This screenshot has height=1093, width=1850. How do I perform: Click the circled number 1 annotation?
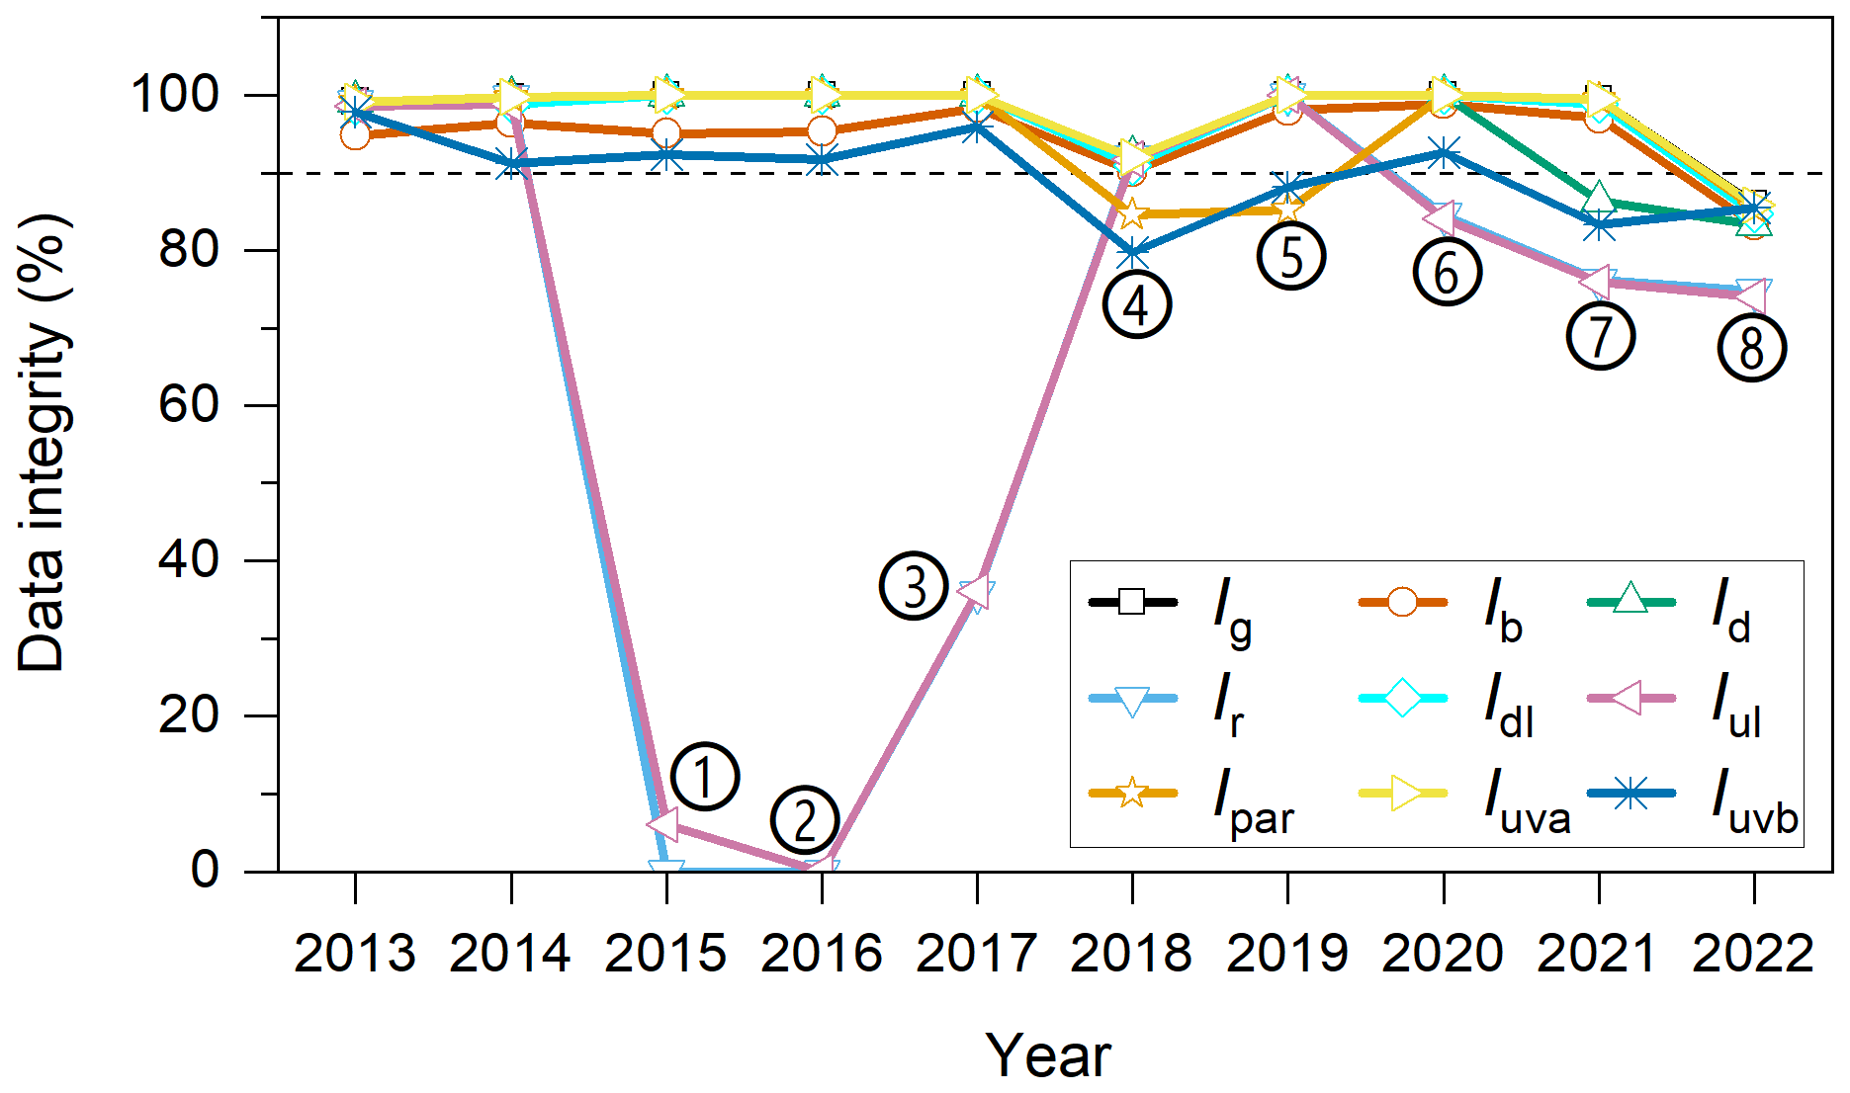click(x=704, y=777)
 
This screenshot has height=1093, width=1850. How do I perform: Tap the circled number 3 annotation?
click(x=914, y=587)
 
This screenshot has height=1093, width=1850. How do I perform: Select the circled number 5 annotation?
click(x=1291, y=256)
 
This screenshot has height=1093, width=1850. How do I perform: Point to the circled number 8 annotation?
click(x=1751, y=348)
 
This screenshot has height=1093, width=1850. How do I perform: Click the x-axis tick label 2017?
click(x=976, y=954)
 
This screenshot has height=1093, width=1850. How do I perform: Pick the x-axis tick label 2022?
click(x=1753, y=954)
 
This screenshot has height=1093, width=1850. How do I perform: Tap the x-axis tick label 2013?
click(x=355, y=954)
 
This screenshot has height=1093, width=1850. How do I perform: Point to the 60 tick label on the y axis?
click(x=189, y=405)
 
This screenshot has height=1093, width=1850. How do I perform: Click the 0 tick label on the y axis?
click(x=205, y=870)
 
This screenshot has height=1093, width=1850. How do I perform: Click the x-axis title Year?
click(x=1048, y=1055)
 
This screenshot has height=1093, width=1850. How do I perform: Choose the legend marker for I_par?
click(x=1132, y=793)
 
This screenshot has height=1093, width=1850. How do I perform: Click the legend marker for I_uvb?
click(x=1630, y=793)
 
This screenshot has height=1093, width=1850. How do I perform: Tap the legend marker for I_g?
click(x=1132, y=601)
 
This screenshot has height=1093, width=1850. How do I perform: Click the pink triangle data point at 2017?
click(x=975, y=591)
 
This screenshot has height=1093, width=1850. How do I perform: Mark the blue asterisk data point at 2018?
click(x=1132, y=253)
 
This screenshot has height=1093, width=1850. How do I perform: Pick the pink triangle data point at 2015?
click(x=663, y=823)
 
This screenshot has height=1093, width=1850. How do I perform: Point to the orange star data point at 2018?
click(x=1132, y=213)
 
